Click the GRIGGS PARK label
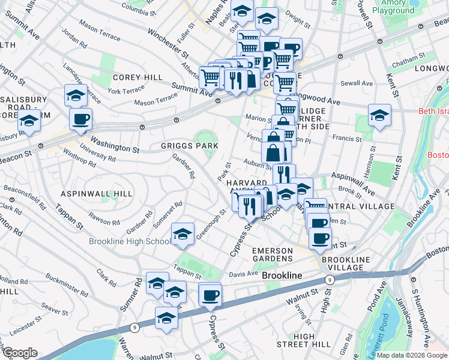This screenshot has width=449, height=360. [x=188, y=146]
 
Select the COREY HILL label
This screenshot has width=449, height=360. [x=137, y=77]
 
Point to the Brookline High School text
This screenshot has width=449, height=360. [x=129, y=241]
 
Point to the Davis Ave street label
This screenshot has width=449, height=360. [x=243, y=274]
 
